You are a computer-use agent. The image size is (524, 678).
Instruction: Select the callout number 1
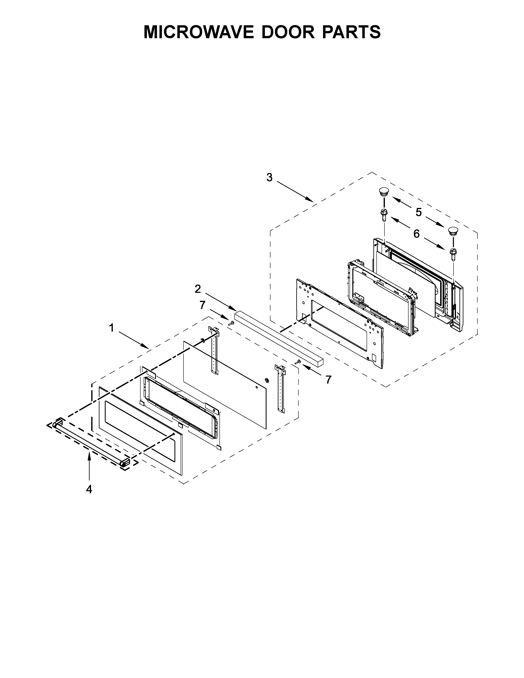click(x=111, y=328)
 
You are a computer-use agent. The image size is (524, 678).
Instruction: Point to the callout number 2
click(x=198, y=289)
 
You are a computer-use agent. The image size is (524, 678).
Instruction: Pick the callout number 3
click(x=269, y=177)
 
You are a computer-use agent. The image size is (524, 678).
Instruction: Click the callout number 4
click(x=89, y=490)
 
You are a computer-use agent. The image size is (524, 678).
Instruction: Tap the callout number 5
click(x=418, y=212)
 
